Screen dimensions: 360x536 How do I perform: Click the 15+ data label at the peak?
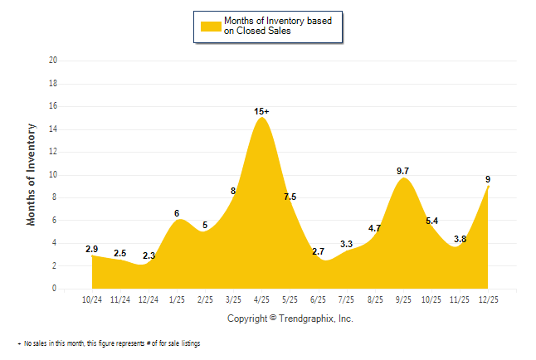tap(261, 110)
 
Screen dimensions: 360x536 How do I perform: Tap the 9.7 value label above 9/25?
tap(403, 171)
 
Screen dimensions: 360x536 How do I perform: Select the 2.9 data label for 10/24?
tap(92, 249)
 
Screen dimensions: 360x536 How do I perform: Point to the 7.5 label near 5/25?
tap(290, 197)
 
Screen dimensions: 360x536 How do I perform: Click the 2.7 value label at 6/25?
tap(318, 251)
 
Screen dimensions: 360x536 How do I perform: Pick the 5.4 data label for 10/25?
tap(431, 221)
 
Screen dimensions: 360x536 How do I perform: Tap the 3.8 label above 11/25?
tap(460, 239)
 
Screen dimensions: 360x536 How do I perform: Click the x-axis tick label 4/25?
tap(261, 299)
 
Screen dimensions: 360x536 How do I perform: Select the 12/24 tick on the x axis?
tap(149, 299)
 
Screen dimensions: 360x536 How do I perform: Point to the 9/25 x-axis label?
tap(403, 299)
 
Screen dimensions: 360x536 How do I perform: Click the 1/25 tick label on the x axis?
tap(177, 299)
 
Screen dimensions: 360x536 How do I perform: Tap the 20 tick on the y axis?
tap(53, 61)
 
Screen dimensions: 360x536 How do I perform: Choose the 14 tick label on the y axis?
tap(53, 129)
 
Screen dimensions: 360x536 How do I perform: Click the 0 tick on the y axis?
tap(55, 289)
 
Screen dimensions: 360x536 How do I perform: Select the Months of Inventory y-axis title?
tap(32, 174)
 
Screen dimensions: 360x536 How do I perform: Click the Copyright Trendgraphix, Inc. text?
tap(290, 319)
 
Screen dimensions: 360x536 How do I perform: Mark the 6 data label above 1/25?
tap(177, 213)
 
